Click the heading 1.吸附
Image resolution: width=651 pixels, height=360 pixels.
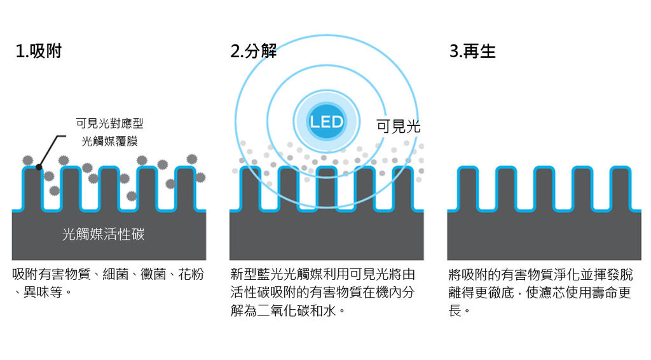click(x=38, y=52)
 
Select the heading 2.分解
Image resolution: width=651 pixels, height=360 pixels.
click(x=253, y=52)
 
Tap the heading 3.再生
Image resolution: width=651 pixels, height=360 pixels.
click(x=472, y=52)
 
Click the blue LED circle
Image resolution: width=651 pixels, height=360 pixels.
click(x=326, y=121)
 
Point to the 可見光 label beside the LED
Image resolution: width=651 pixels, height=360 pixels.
click(x=398, y=126)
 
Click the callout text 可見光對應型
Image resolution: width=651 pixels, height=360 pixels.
click(x=109, y=123)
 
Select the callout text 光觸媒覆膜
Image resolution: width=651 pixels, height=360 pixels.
click(x=109, y=142)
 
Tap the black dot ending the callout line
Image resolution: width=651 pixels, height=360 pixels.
click(x=39, y=167)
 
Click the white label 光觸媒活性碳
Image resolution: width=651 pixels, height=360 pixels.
click(x=104, y=235)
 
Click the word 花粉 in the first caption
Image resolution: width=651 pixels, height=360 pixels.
click(x=191, y=275)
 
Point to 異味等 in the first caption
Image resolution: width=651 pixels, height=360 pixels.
click(x=43, y=293)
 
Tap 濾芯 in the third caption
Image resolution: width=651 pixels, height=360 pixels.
click(x=552, y=293)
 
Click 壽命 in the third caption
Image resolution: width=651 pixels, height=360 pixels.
click(x=605, y=293)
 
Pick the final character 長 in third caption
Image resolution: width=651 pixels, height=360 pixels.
click(x=455, y=310)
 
